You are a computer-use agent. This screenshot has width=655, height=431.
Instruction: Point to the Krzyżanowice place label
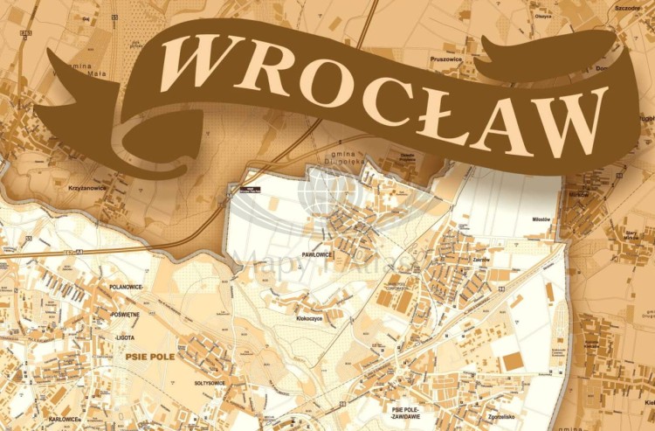click(86, 187)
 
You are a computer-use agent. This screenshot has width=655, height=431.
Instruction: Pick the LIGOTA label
click(128, 337)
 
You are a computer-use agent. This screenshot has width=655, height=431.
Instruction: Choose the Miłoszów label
click(542, 219)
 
